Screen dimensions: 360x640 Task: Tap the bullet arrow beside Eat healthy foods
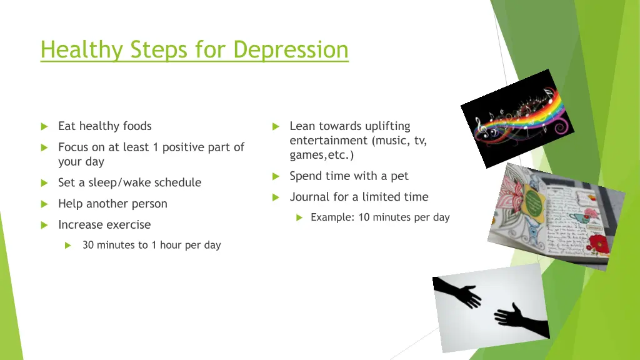[44, 127]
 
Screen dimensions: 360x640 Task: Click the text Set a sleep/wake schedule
[129, 182]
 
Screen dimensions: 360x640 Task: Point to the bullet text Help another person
[112, 204]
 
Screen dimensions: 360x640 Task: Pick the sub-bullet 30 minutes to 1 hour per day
[151, 245]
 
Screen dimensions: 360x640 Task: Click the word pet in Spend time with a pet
[399, 176]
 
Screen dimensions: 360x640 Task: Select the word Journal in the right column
[309, 197]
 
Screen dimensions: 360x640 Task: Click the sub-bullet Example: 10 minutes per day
[380, 217]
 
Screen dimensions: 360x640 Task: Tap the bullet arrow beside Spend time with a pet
[276, 177]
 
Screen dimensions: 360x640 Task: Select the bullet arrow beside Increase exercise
[44, 225]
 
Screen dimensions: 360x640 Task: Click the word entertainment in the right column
[328, 141]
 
